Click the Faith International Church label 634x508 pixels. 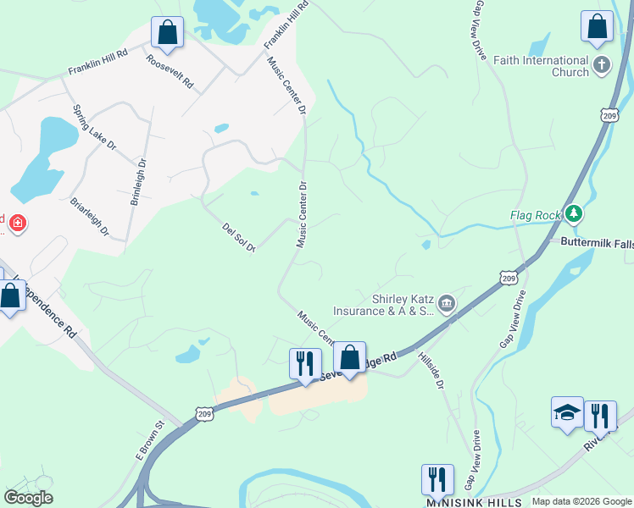[x=540, y=66]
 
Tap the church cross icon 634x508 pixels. [x=602, y=65]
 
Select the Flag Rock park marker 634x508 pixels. [x=574, y=215]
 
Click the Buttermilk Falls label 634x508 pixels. [x=597, y=242]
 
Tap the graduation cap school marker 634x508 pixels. [x=567, y=412]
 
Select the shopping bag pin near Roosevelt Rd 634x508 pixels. [x=168, y=33]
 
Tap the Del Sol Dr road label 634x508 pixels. [x=239, y=238]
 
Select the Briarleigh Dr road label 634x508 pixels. [x=89, y=218]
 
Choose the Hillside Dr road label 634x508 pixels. [x=431, y=371]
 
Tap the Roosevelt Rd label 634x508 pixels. [x=170, y=73]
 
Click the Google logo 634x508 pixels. [x=28, y=498]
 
